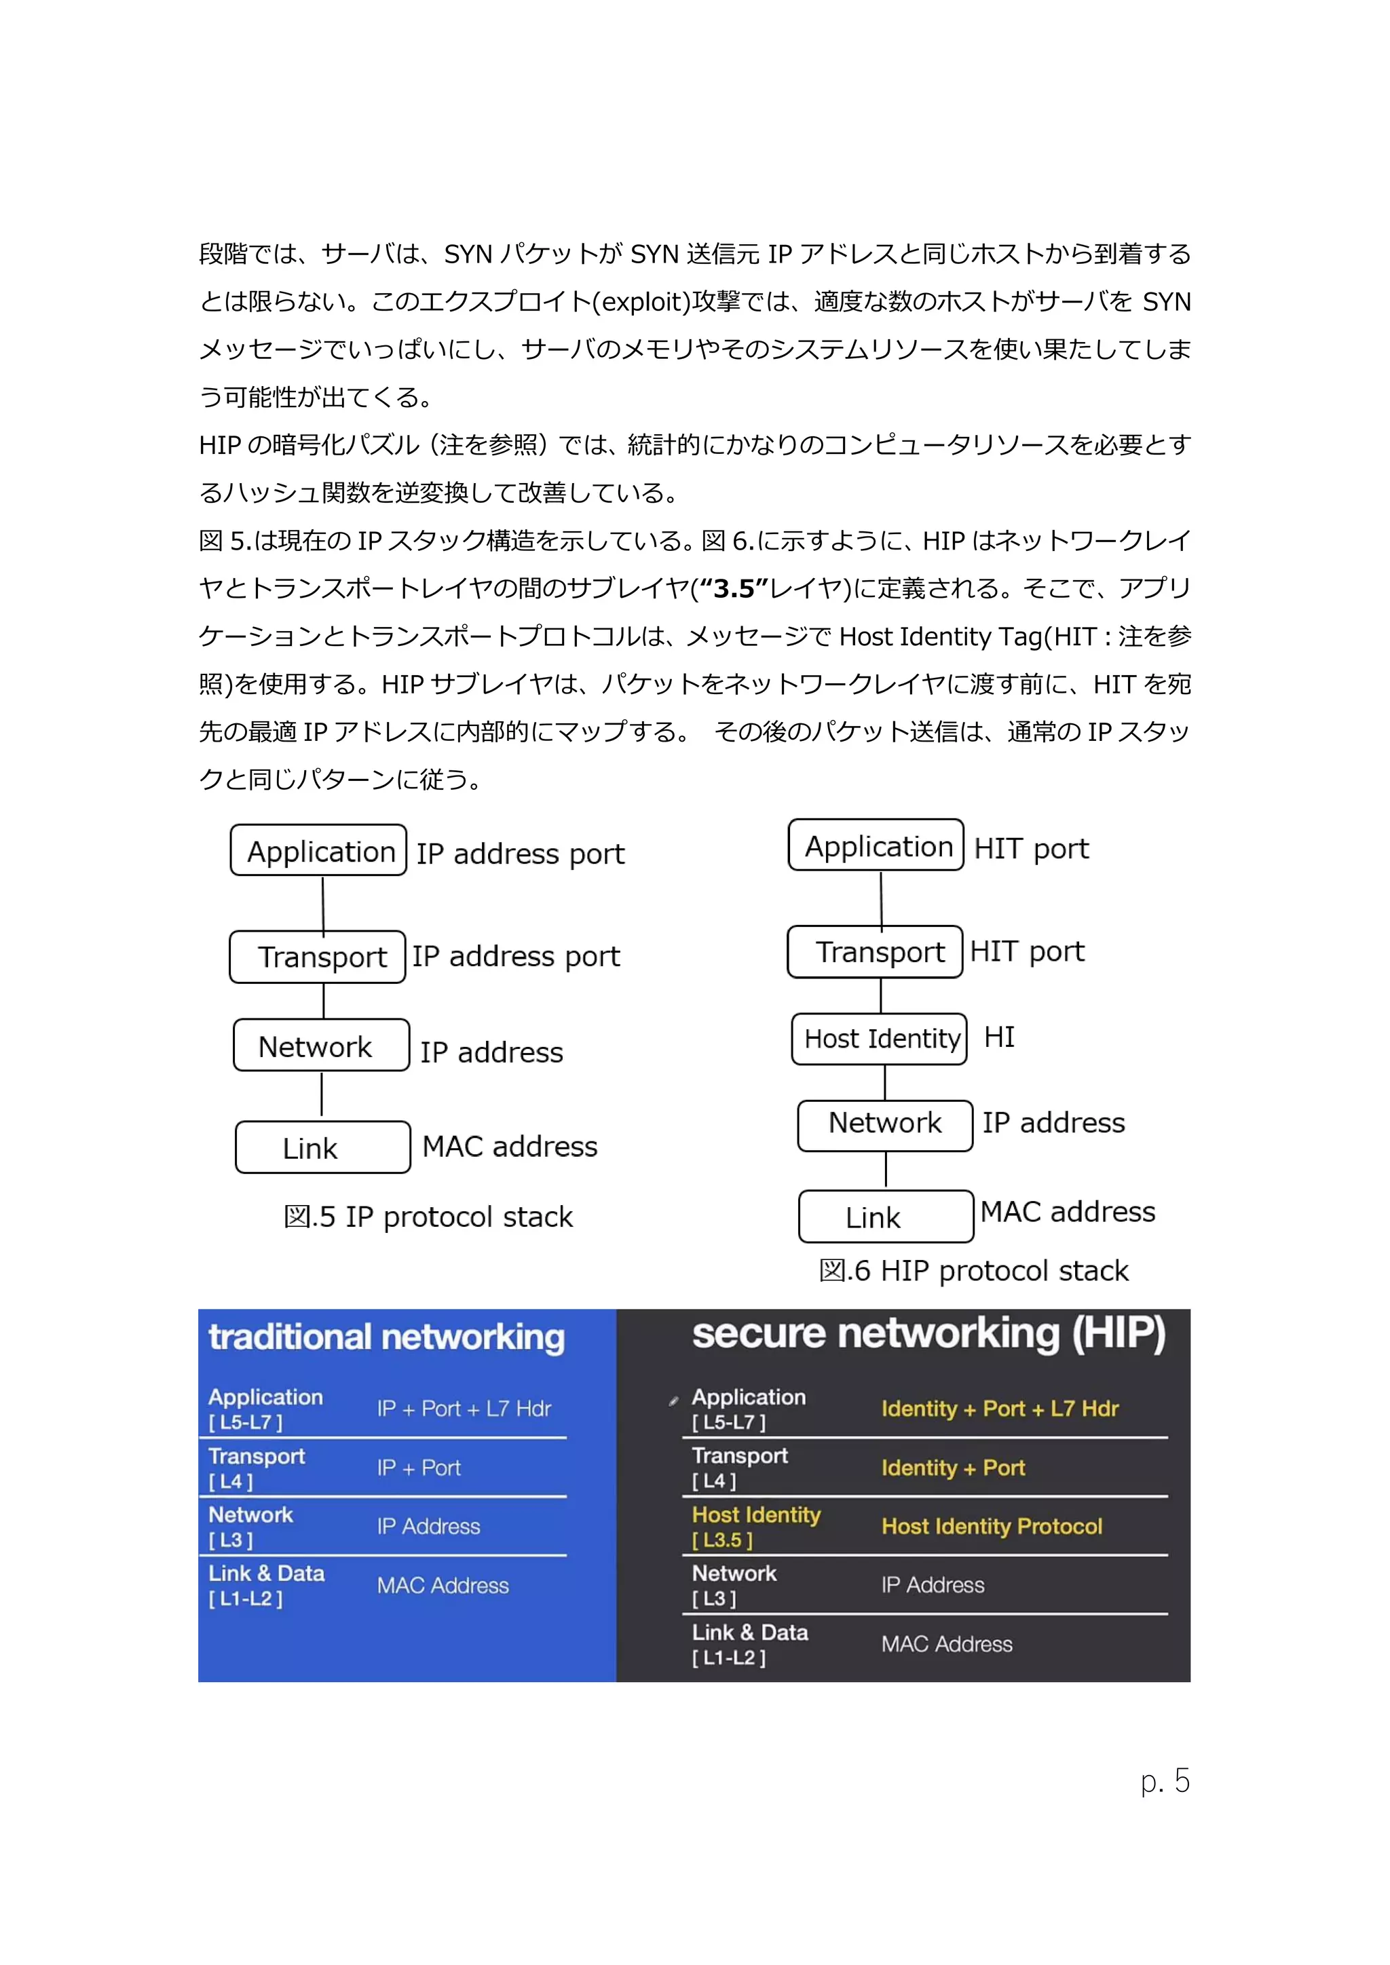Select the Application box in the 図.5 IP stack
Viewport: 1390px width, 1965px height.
tap(318, 851)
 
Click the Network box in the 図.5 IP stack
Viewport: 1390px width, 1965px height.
tap(321, 1045)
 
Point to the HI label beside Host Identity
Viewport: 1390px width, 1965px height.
tap(999, 1037)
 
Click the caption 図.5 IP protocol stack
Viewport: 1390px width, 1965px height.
tap(428, 1217)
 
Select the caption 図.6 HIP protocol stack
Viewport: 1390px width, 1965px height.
tap(973, 1271)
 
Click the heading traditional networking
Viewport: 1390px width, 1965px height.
tap(386, 1337)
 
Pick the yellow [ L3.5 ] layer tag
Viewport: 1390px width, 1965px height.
tap(722, 1540)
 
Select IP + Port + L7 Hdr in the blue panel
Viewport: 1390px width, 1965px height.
tap(464, 1409)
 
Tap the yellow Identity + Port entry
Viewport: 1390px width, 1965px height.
tap(953, 1468)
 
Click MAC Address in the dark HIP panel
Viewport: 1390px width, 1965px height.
tap(947, 1644)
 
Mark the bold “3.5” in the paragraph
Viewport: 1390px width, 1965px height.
tap(734, 589)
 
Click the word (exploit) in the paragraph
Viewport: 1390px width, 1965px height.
tap(646, 302)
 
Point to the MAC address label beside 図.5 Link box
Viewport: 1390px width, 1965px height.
tap(510, 1147)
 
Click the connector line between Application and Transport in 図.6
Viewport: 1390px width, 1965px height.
tap(882, 898)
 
